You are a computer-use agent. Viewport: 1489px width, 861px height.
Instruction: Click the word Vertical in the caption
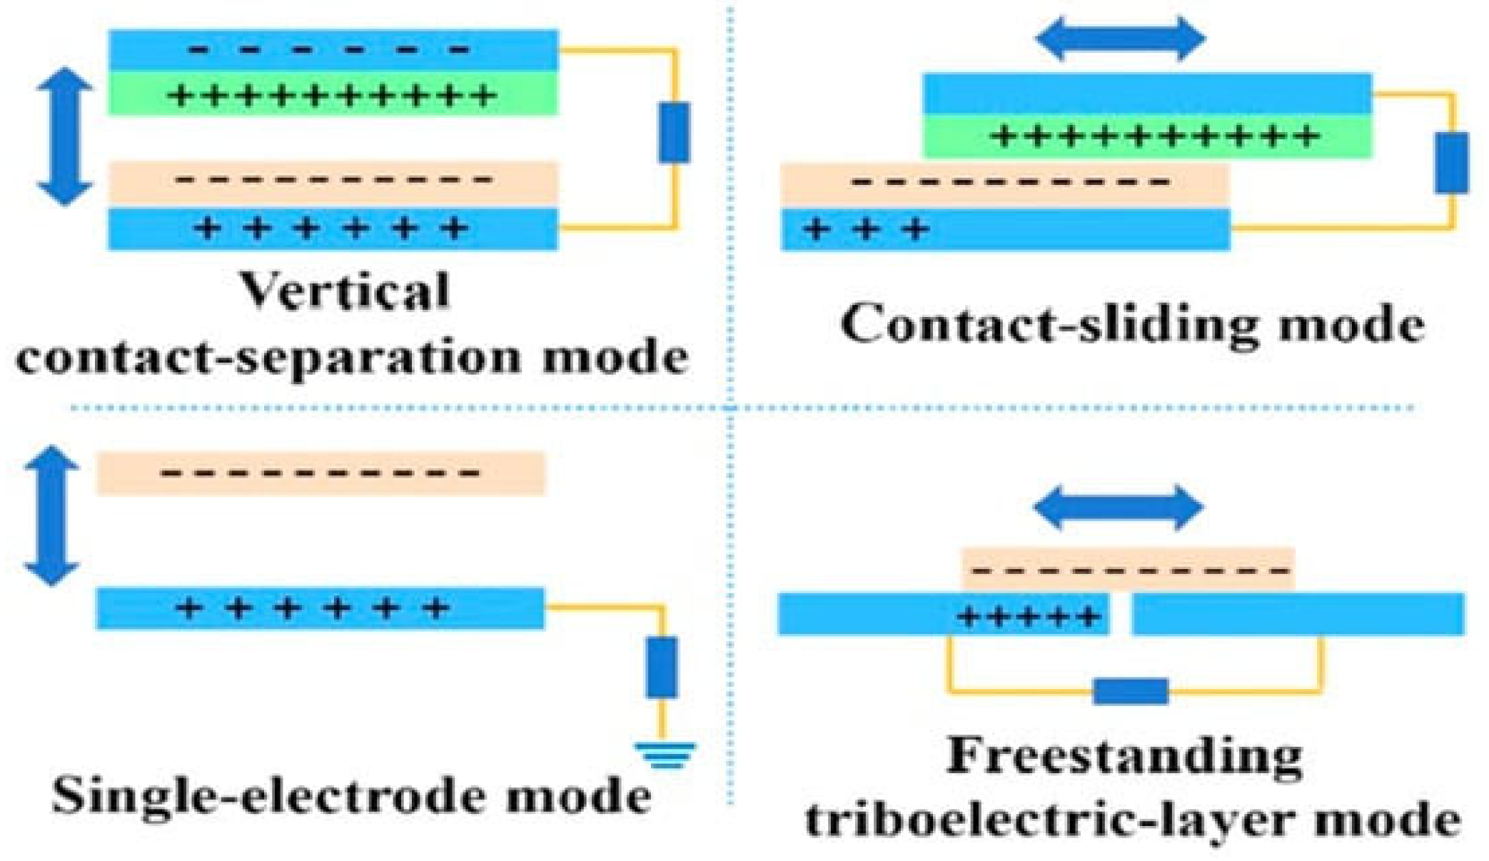tap(345, 291)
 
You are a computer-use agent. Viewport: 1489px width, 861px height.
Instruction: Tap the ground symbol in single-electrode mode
tap(665, 755)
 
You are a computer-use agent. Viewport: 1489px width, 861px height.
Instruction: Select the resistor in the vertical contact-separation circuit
tap(674, 133)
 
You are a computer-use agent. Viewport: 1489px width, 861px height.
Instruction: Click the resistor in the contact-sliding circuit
tap(1451, 163)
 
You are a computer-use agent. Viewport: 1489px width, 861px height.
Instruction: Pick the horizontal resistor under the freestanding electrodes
tap(1130, 691)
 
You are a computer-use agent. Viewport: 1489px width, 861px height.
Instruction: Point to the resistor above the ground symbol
tap(662, 667)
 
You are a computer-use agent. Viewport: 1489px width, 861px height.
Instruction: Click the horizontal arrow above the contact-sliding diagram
tap(1120, 39)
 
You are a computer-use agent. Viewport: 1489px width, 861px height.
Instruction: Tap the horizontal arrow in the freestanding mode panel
tap(1119, 508)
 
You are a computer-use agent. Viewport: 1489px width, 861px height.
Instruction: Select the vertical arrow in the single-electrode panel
tap(51, 515)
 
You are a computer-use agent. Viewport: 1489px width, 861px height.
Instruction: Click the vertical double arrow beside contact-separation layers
tap(65, 136)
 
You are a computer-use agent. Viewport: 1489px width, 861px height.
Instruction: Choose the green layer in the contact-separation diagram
tap(333, 94)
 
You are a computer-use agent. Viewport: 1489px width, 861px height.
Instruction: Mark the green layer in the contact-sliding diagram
tap(1147, 136)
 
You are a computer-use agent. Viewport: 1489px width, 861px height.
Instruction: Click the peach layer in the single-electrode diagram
tap(320, 473)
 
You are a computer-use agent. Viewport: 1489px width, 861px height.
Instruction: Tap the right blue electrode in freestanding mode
tap(1298, 614)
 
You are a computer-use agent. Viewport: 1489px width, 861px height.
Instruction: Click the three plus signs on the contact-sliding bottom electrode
tap(865, 230)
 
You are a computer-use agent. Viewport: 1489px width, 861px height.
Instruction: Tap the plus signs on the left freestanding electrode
tap(1028, 615)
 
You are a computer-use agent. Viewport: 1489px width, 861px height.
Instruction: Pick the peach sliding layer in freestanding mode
tap(1128, 570)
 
